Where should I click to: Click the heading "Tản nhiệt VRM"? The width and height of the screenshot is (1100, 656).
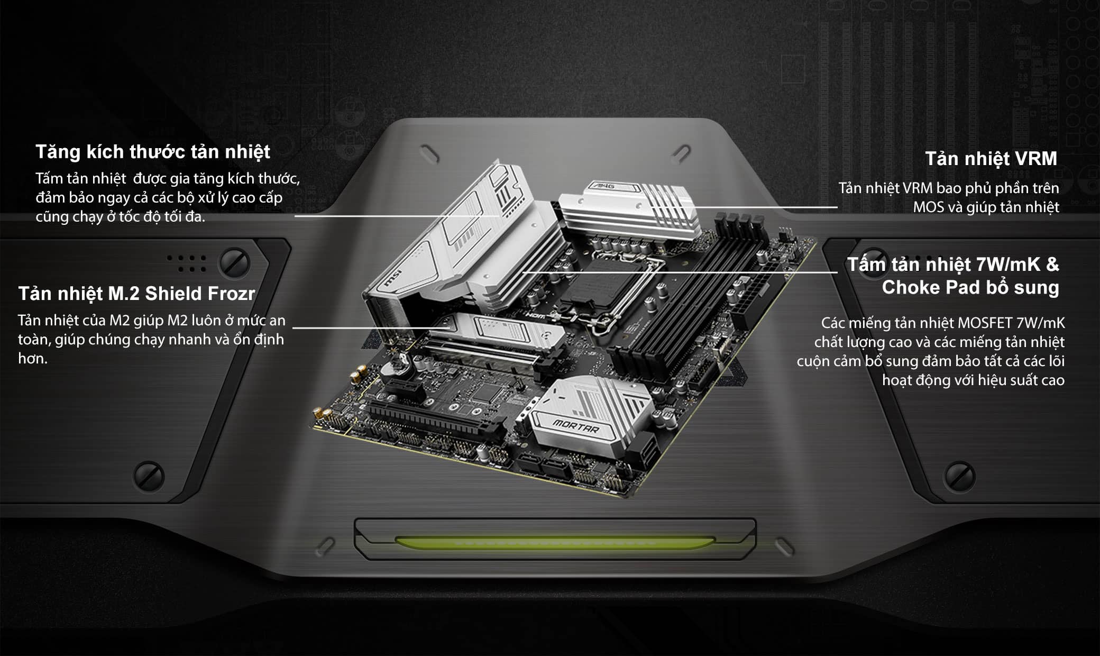991,159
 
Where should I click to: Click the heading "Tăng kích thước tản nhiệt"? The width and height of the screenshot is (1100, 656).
153,152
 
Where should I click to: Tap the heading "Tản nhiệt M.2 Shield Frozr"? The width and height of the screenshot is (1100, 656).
136,293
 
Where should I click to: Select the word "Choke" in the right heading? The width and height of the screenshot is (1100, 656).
911,287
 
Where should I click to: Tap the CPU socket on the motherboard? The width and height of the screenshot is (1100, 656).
608,286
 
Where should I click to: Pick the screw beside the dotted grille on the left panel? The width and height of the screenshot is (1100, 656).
234,263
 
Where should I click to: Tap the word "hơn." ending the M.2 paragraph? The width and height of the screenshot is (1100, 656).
33,359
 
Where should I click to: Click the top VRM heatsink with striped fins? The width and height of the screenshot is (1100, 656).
629,212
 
